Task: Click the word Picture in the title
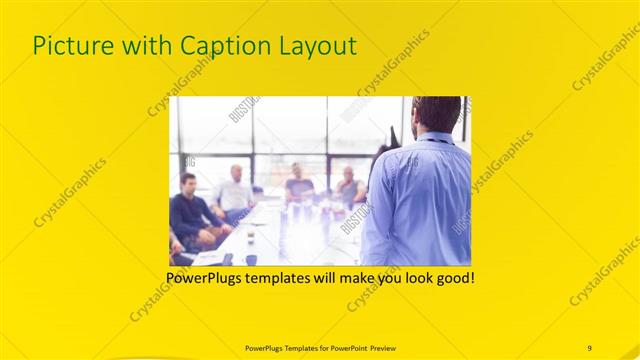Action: (x=69, y=45)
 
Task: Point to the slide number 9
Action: (x=589, y=347)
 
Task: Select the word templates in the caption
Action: (x=285, y=276)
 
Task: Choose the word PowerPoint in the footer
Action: (x=343, y=347)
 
